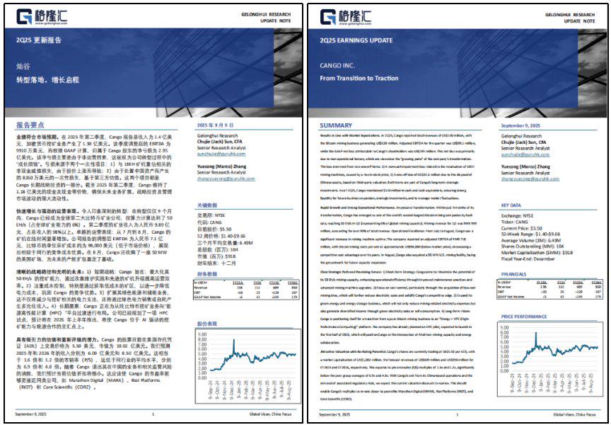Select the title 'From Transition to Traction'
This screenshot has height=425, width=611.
(359, 79)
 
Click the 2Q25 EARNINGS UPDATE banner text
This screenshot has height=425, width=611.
(354, 40)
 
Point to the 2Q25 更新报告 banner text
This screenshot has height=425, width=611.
(44, 40)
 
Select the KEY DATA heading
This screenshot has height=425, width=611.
(511, 205)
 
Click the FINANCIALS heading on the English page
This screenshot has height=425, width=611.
(513, 273)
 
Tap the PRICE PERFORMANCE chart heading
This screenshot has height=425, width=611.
(525, 316)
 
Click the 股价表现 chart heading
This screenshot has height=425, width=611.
(206, 323)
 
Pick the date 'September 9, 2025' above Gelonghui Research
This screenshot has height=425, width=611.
(525, 125)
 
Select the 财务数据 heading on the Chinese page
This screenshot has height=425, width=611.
(206, 273)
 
